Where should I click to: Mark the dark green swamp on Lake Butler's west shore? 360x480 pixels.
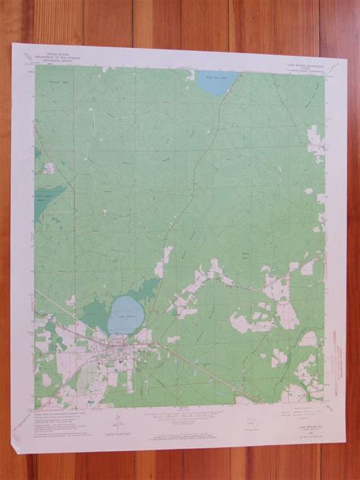[x=95, y=312]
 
